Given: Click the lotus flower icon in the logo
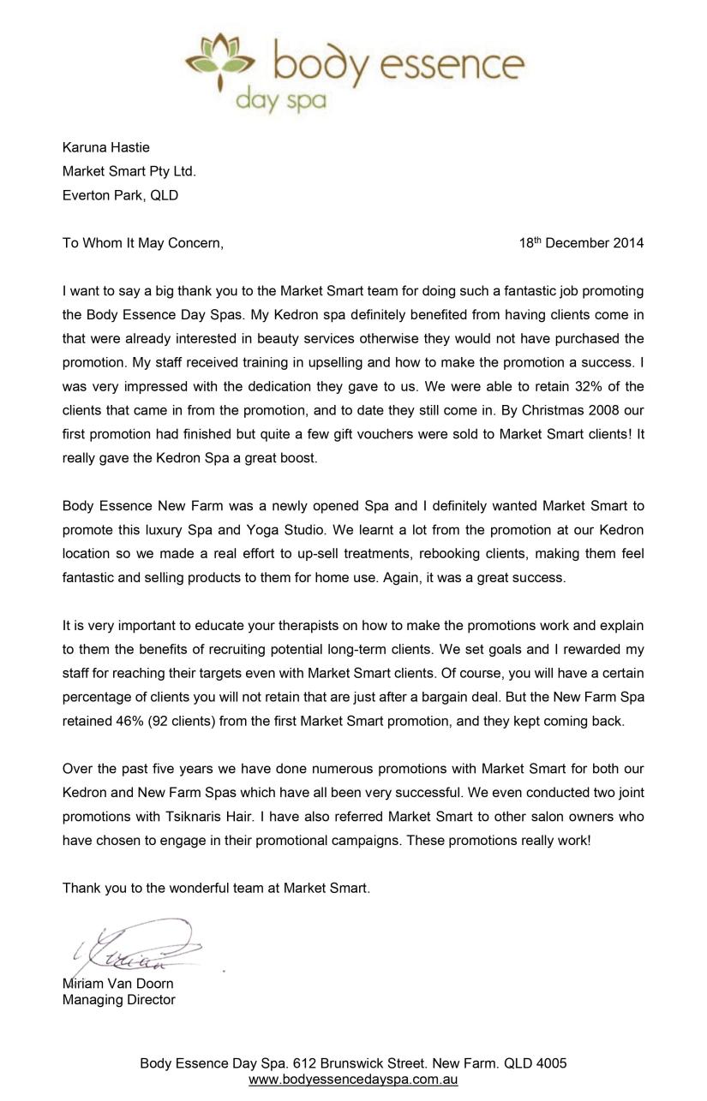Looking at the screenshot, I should pyautogui.click(x=220, y=58).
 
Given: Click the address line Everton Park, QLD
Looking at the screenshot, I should pyautogui.click(x=120, y=195).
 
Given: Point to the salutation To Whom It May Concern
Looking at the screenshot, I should pyautogui.click(x=142, y=243).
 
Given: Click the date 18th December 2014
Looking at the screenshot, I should pyautogui.click(x=580, y=243).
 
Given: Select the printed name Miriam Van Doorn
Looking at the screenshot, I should pyautogui.click(x=117, y=984).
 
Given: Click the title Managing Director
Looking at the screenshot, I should pyautogui.click(x=118, y=1000).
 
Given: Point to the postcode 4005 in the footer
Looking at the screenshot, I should pyautogui.click(x=551, y=1063).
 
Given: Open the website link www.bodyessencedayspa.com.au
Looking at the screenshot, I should pyautogui.click(x=353, y=1080).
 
